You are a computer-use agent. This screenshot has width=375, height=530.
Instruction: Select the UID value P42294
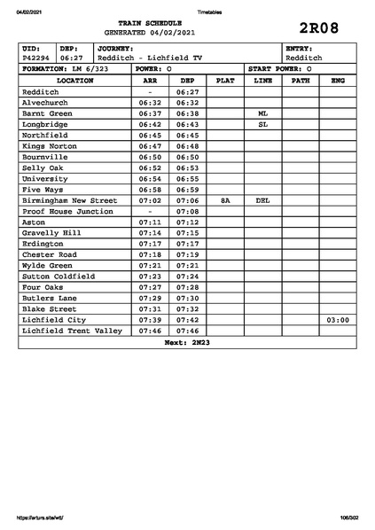pos(36,58)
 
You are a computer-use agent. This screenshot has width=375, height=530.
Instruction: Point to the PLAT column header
pos(225,80)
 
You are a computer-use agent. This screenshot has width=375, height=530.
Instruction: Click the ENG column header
pos(337,80)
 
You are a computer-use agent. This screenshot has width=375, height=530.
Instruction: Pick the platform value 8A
pos(225,201)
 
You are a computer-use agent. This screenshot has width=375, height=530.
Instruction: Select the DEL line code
pos(262,201)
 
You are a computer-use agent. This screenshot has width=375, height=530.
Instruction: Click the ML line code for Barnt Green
pos(262,114)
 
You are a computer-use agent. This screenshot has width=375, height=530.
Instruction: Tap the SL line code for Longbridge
pos(262,125)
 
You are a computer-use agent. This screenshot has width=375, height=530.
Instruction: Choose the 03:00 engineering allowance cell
pos(337,319)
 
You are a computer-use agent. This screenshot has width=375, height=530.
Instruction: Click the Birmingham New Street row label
pos(69,201)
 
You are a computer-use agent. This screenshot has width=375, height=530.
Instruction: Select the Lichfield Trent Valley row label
pos(72,331)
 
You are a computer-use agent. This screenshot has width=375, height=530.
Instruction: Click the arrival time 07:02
pos(150,201)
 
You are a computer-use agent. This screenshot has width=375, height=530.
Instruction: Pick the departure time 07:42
pos(186,319)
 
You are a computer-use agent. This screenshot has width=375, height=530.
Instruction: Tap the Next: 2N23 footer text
pos(186,341)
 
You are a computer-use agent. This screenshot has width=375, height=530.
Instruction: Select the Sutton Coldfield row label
pos(58,277)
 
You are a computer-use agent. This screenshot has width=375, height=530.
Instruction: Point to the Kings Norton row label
pos(50,146)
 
